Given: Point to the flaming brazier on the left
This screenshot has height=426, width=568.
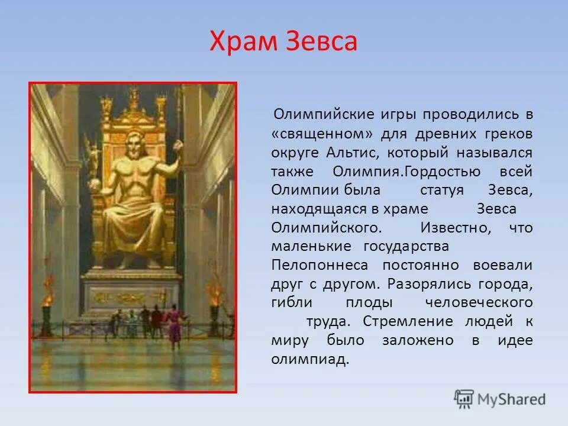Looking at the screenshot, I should [46, 296].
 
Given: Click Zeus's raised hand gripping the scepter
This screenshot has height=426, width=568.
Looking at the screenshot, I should [176, 145].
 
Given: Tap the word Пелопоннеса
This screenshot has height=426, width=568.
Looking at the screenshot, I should [319, 265].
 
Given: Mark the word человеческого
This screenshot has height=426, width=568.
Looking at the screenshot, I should [479, 303].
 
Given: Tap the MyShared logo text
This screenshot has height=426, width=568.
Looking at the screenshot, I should [511, 399].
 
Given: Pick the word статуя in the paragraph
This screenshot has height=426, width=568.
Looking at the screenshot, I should [443, 190].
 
